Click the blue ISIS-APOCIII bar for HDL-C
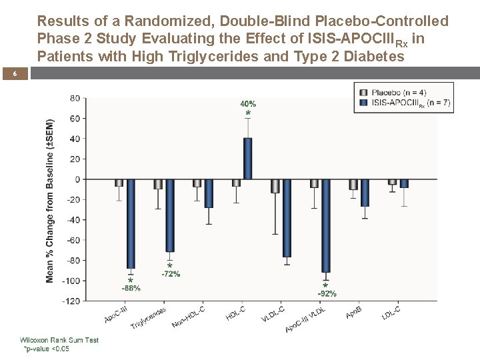248,159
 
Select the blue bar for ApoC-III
131,223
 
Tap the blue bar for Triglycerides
170,215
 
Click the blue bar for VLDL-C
287,218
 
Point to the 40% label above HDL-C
248,103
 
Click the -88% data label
131,288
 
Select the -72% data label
171,274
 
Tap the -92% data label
327,293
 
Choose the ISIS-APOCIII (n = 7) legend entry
404,103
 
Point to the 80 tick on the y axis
74,99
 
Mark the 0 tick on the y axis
77,179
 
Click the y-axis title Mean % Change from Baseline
51,200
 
